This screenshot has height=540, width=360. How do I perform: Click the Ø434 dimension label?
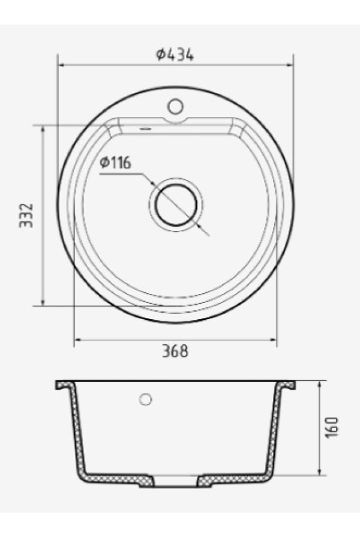coord(175,55)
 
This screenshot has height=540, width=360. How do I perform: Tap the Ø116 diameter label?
coord(116,163)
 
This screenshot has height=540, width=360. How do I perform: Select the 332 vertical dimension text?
coord(26,215)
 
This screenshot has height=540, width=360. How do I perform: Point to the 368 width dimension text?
coord(175,351)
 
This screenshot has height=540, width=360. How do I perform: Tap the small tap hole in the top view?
coord(176,106)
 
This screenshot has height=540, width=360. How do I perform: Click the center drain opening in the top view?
coord(176,205)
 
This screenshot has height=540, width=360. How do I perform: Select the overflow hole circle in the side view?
coord(146,400)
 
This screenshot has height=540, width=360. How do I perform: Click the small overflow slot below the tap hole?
coord(146,129)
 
